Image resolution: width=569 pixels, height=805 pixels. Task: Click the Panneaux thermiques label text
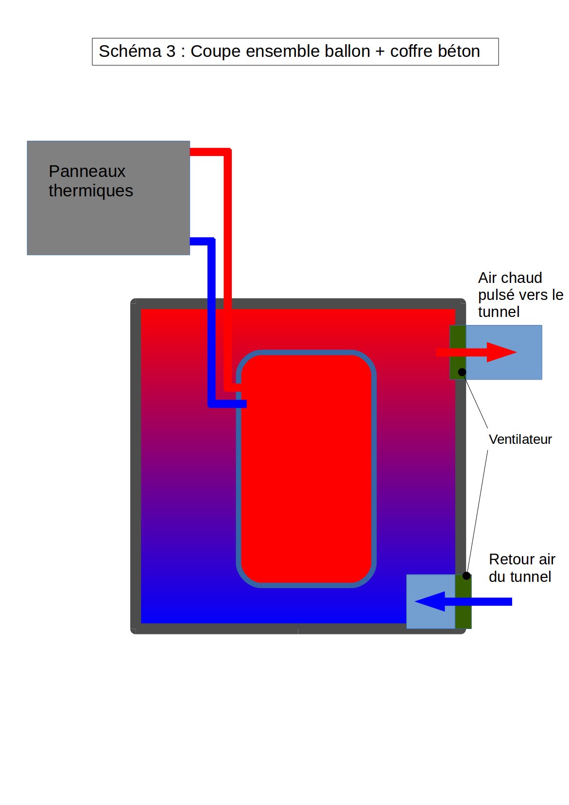(90, 181)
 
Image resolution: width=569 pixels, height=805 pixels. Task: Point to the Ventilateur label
(520, 439)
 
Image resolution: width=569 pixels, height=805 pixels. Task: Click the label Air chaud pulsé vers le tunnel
(520, 295)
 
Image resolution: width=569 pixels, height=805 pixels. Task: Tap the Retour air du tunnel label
(521, 568)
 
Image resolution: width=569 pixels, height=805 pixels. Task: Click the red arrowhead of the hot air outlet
(500, 352)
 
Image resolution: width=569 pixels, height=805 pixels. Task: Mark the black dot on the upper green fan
(462, 372)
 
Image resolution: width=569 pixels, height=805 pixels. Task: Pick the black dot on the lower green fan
(466, 576)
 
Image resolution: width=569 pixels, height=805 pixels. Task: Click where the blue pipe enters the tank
(243, 403)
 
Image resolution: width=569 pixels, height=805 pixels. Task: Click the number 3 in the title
(171, 52)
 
